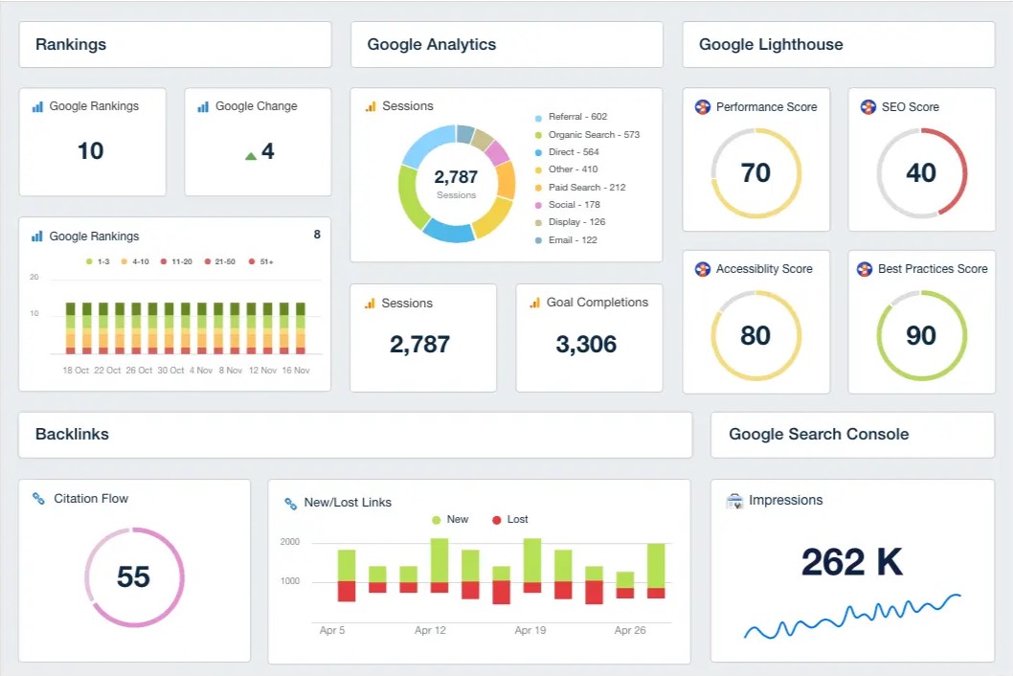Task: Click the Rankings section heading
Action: tap(71, 45)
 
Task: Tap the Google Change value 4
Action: tap(268, 151)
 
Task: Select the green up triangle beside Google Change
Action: tap(251, 156)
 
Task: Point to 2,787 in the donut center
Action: tap(456, 176)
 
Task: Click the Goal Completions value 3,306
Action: tap(586, 345)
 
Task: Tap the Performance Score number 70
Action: tap(755, 173)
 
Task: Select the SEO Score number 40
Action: tap(921, 173)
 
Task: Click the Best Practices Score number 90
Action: tap(921, 335)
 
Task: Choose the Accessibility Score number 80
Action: tap(755, 335)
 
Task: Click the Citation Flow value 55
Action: tap(133, 576)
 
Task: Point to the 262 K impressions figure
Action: tap(852, 562)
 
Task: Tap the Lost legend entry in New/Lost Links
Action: tap(510, 520)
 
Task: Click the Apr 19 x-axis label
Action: tap(530, 630)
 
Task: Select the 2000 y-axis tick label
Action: tap(290, 542)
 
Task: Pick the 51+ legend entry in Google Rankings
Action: tap(261, 261)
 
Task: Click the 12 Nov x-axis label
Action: tap(263, 371)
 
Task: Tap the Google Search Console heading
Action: tap(819, 435)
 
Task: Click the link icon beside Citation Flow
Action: tap(38, 498)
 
